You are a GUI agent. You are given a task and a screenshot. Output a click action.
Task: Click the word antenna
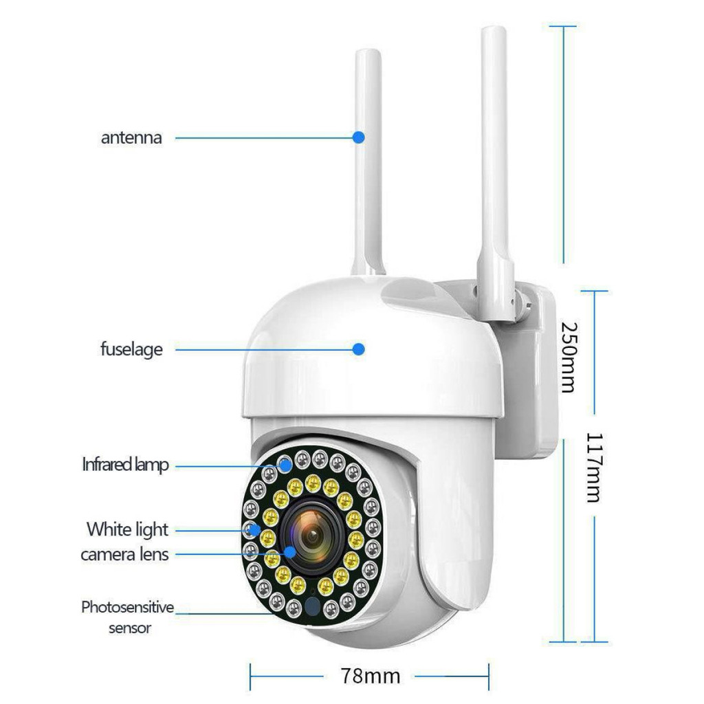(131, 137)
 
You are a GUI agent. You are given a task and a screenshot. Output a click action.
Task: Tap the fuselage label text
(131, 349)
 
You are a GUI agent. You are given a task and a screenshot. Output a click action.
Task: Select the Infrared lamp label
(125, 465)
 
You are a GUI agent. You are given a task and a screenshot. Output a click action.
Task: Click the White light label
(127, 530)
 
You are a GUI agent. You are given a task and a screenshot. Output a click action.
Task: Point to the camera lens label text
(125, 555)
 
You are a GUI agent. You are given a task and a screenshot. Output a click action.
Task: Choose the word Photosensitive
(127, 608)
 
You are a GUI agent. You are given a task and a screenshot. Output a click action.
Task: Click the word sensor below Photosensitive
(130, 628)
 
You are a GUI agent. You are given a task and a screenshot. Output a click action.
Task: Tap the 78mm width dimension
(371, 676)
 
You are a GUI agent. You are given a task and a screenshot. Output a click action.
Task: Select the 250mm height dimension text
(569, 357)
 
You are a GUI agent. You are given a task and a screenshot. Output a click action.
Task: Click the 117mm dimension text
(595, 467)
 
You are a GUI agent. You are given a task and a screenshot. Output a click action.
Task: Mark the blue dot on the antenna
(358, 137)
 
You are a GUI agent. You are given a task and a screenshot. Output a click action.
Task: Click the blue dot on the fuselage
(358, 349)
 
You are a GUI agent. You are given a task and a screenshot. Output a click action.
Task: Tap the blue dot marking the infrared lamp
(285, 465)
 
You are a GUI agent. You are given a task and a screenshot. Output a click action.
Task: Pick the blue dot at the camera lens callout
(290, 552)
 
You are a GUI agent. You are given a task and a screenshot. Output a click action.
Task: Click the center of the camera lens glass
(313, 536)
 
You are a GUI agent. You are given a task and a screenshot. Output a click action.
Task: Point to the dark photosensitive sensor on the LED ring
(313, 606)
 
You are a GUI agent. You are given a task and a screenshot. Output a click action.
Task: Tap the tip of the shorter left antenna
(368, 50)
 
